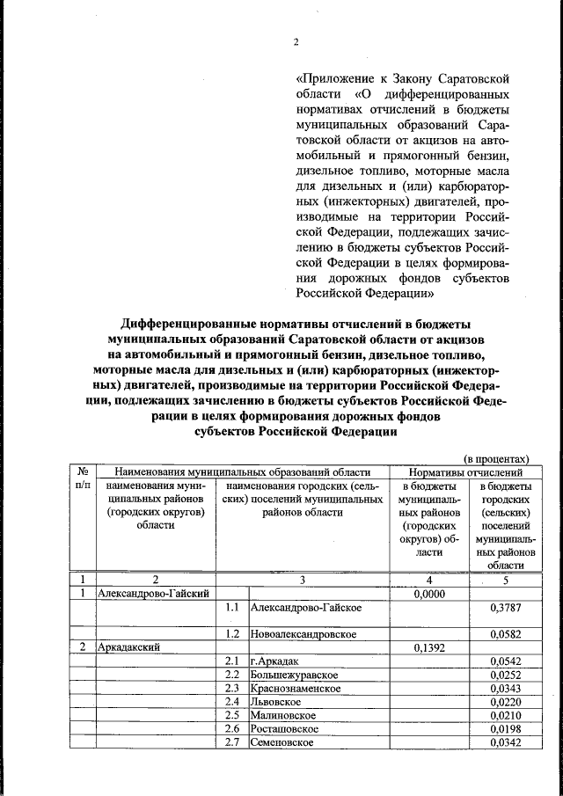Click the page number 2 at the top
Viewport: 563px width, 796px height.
296,42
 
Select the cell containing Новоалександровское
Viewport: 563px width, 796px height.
303,633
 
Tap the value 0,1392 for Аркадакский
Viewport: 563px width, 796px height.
428,647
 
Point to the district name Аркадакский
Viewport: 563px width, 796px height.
129,647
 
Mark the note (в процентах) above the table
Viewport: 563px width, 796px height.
497,458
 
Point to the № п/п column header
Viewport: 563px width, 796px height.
83,478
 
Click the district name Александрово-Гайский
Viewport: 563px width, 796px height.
155,594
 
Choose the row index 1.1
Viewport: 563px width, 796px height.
232,608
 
